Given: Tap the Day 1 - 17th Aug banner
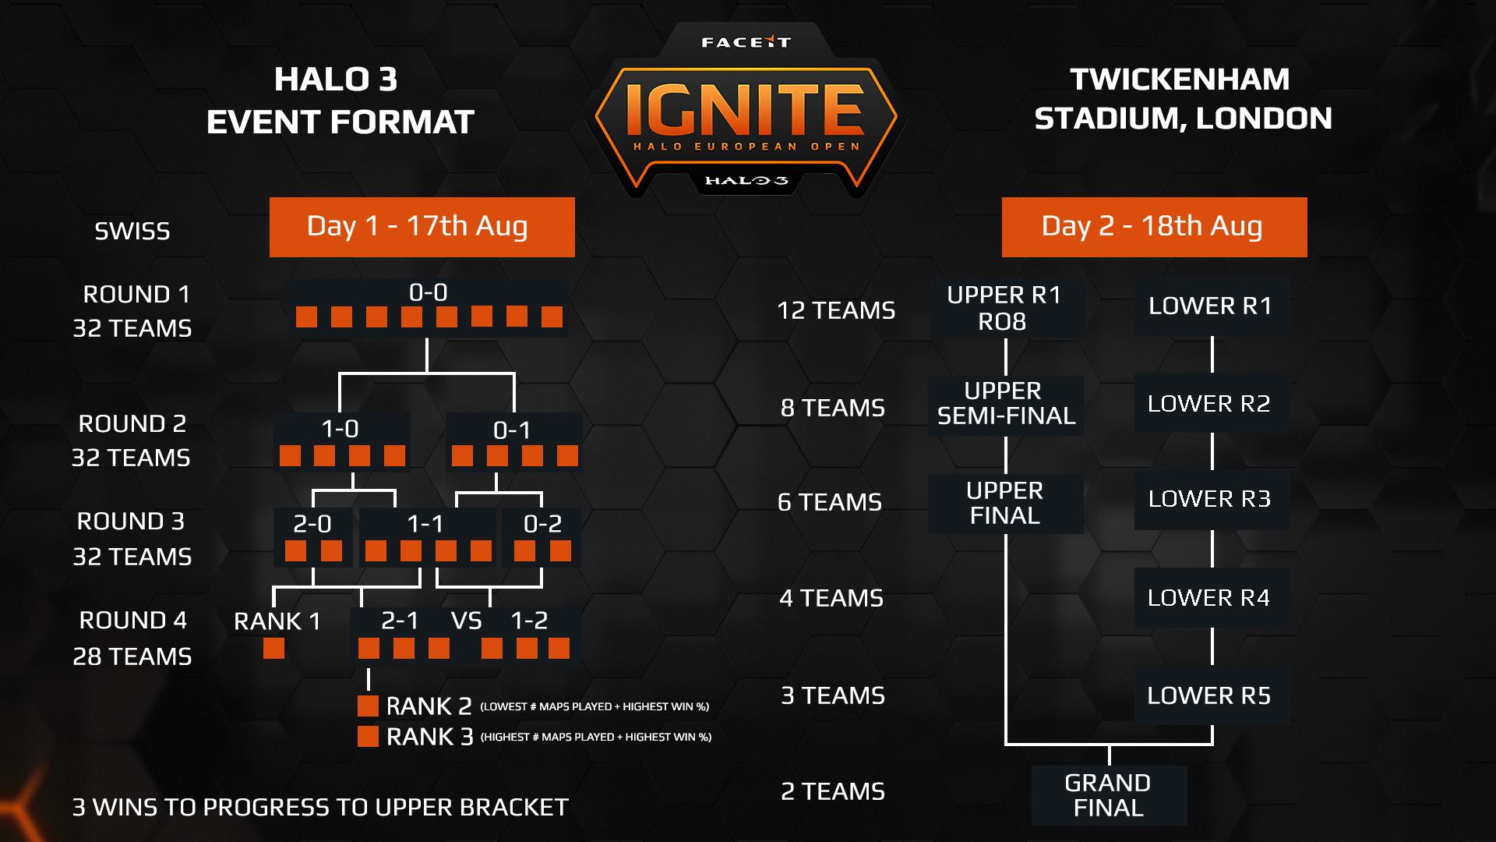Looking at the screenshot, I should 422,227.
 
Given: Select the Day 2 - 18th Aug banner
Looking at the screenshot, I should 1153,227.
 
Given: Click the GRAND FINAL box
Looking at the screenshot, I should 1108,795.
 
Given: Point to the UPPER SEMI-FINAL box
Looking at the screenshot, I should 1006,404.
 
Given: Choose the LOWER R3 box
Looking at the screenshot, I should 1210,499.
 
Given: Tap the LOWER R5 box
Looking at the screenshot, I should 1210,695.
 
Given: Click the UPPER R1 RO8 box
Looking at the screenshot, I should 1005,308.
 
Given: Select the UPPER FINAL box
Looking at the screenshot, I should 1005,503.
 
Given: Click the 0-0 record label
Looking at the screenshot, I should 429,292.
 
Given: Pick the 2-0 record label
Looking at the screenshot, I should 312,524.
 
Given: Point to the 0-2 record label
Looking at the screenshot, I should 542,524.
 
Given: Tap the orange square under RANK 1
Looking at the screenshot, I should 273,649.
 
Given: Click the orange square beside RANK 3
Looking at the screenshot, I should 368,736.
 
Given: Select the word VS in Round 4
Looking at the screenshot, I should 467,621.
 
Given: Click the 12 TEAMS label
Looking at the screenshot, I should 836,310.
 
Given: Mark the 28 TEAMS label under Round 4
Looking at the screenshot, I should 132,656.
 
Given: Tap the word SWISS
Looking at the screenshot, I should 132,232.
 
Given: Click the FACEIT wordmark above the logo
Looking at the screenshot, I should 746,42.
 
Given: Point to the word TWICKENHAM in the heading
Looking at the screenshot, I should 1180,80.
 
